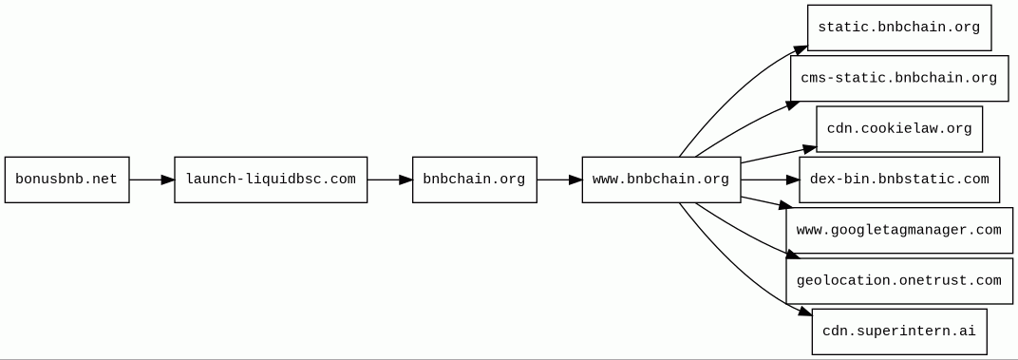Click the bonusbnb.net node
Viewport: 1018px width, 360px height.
tap(66, 180)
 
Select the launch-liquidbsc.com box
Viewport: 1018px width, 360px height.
tap(271, 180)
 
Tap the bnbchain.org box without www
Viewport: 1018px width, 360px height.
tap(475, 180)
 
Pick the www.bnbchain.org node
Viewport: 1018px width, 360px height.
tap(661, 180)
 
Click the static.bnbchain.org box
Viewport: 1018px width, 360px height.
tap(899, 28)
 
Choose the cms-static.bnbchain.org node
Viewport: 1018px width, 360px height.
tap(899, 78)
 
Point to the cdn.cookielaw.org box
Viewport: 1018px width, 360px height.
tap(899, 128)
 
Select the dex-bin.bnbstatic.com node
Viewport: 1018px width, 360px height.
tap(899, 180)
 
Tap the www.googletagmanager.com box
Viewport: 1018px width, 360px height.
tap(899, 230)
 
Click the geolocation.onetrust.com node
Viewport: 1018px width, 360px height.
tap(899, 281)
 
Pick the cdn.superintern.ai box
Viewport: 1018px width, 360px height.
tap(899, 332)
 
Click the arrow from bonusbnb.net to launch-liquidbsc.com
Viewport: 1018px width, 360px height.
tap(152, 180)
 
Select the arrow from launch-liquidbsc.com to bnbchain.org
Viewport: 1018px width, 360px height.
tap(389, 180)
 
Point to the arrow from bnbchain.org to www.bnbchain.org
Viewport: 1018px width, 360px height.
tap(559, 180)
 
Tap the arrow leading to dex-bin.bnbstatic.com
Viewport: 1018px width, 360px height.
tap(770, 180)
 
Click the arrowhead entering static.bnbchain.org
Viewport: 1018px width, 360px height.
tap(800, 50)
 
